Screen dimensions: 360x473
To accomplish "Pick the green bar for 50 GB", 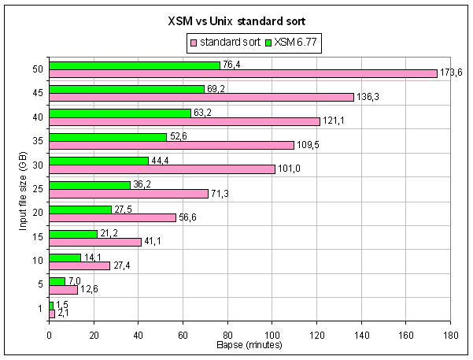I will pyautogui.click(x=135, y=65).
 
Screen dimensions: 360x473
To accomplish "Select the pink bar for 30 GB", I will pyautogui.click(x=162, y=169).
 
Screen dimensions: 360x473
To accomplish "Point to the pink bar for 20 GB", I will pyautogui.click(x=113, y=217).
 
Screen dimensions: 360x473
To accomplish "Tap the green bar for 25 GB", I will pyautogui.click(x=90, y=185).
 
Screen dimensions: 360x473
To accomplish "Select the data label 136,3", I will pyautogui.click(x=368, y=98).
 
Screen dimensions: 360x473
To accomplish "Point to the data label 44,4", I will pyautogui.click(x=160, y=161).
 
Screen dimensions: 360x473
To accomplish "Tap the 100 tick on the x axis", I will pyautogui.click(x=272, y=335).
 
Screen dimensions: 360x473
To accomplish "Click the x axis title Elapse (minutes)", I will pyautogui.click(x=249, y=345).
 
